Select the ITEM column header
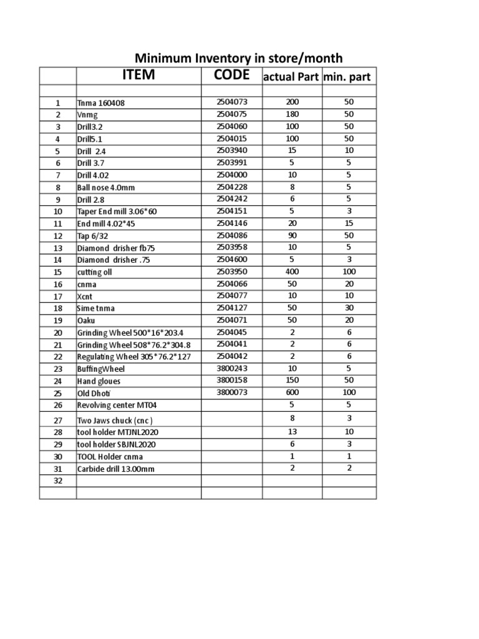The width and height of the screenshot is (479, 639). pyautogui.click(x=138, y=76)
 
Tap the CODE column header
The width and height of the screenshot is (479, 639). pyautogui.click(x=231, y=76)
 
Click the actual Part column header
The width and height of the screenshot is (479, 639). pyautogui.click(x=292, y=77)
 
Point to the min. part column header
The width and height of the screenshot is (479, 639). pyautogui.click(x=349, y=77)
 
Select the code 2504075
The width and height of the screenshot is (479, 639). pyautogui.click(x=231, y=114)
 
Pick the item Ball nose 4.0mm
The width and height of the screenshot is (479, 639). pyautogui.click(x=105, y=187)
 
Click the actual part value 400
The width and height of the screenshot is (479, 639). pyautogui.click(x=292, y=272)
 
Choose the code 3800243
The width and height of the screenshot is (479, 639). pyautogui.click(x=231, y=368)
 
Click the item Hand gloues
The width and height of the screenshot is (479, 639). pyautogui.click(x=99, y=381)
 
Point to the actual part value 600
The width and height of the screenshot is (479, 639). pyautogui.click(x=292, y=393)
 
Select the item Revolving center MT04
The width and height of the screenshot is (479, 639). pyautogui.click(x=112, y=406)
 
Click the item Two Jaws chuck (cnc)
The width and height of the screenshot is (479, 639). pyautogui.click(x=114, y=420)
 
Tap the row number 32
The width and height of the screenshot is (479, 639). pyautogui.click(x=58, y=481)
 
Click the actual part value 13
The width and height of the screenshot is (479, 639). pyautogui.click(x=292, y=431)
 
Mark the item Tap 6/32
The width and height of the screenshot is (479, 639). pyautogui.click(x=93, y=236)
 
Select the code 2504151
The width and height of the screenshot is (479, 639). pyautogui.click(x=231, y=211)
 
